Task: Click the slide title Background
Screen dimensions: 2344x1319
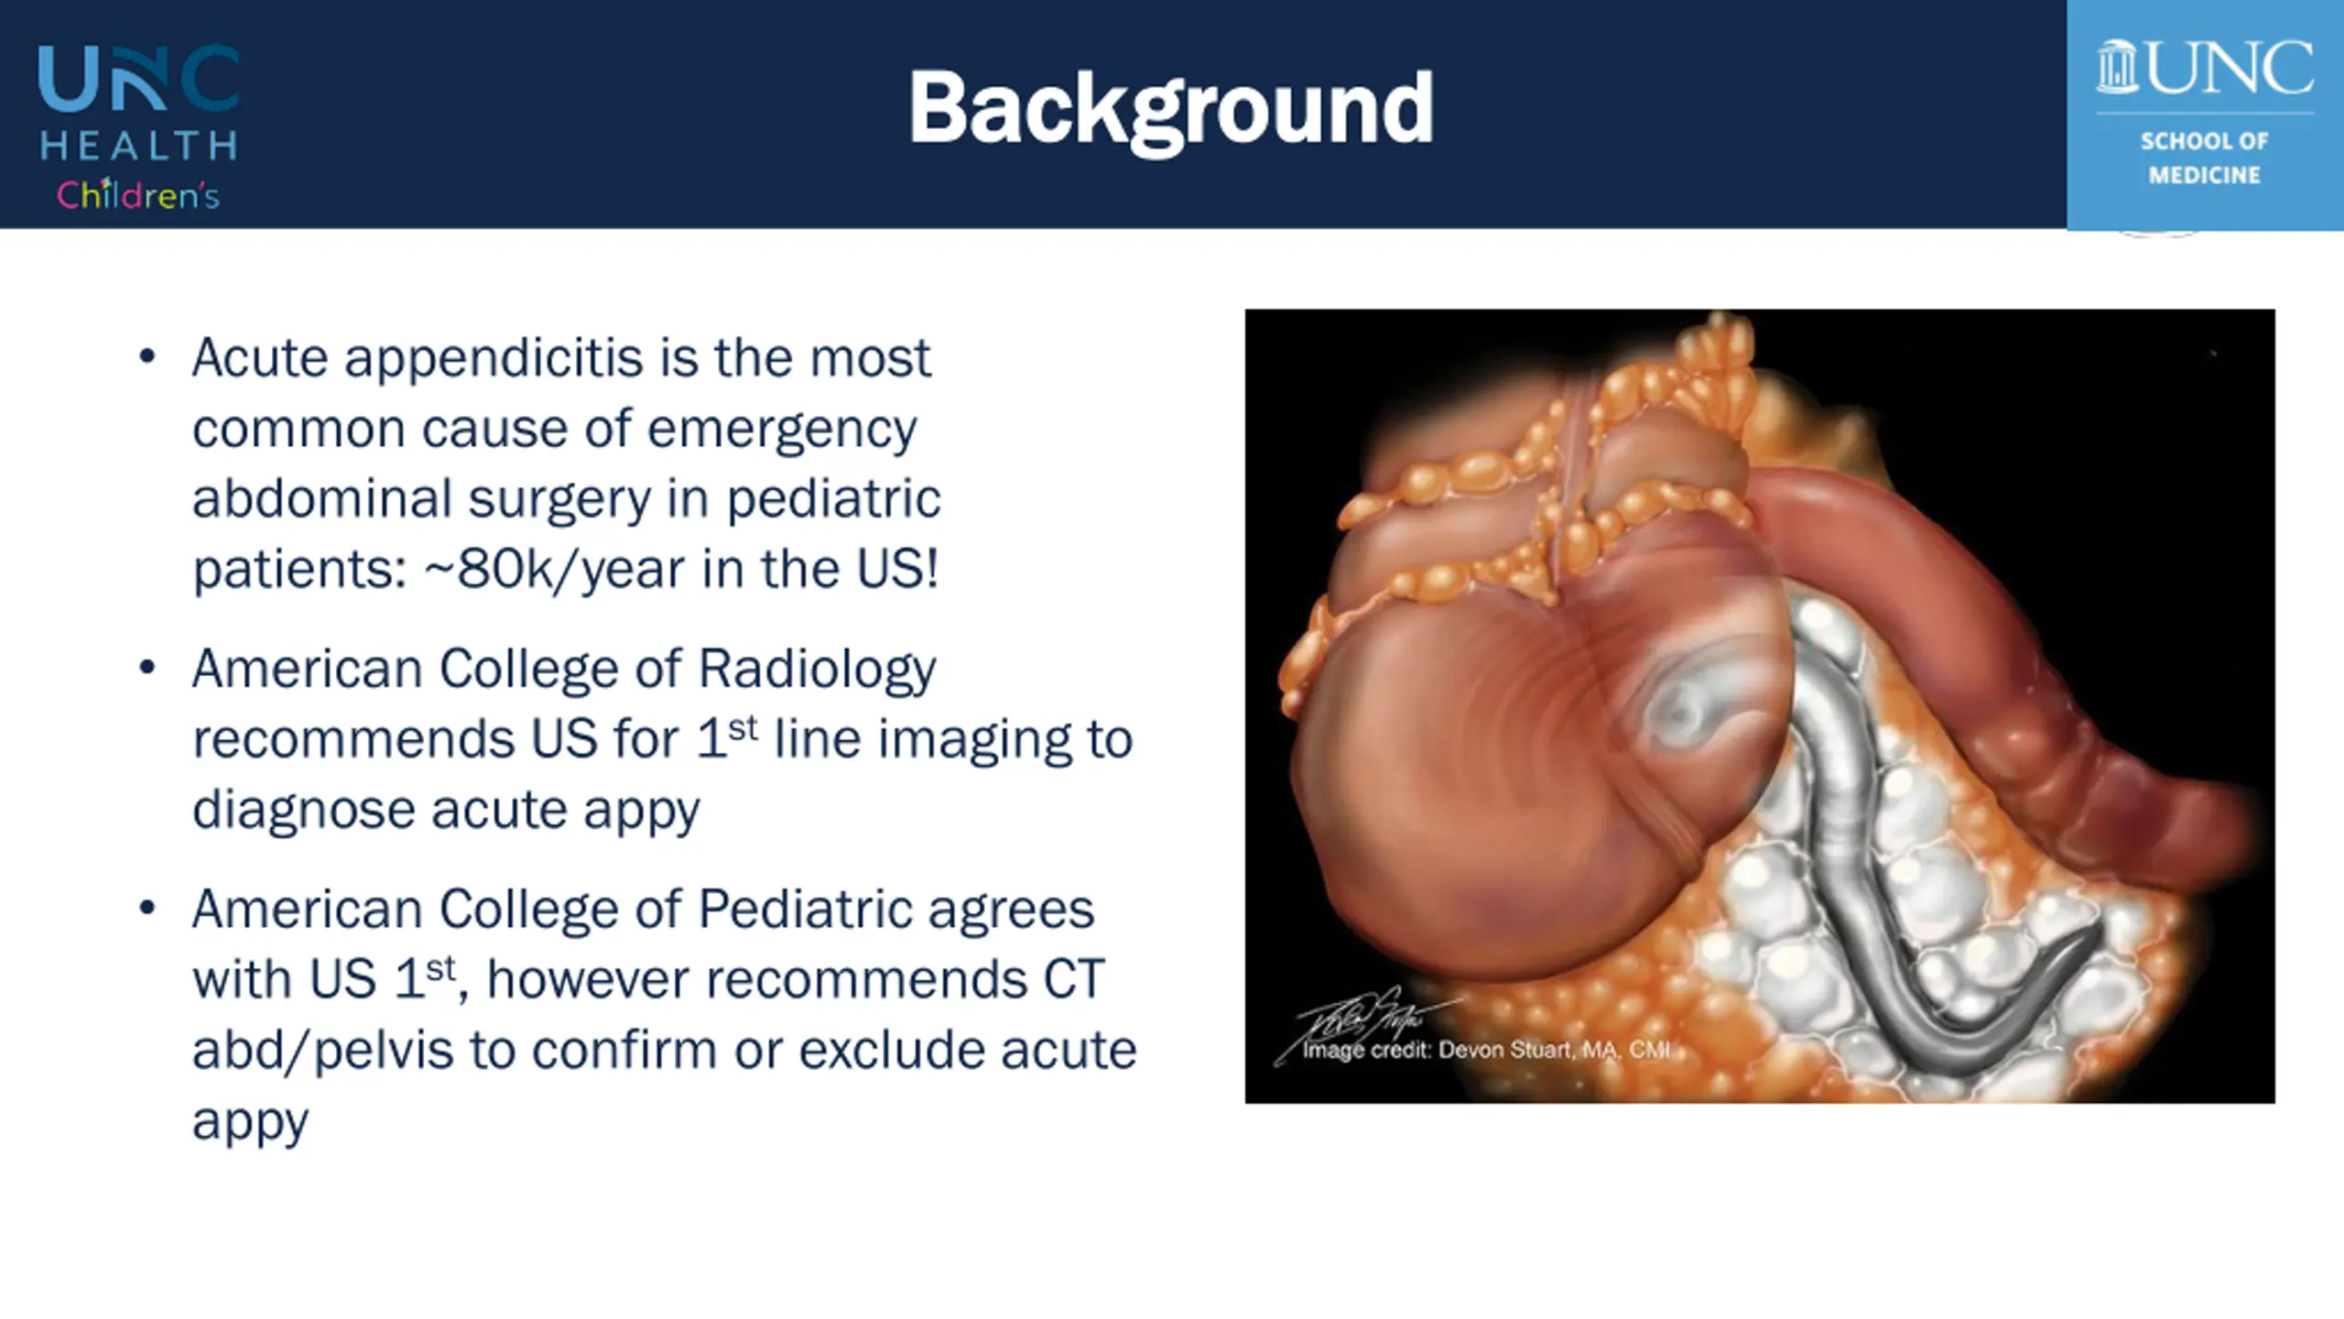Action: (1170, 110)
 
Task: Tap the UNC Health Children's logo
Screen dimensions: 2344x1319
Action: (138, 127)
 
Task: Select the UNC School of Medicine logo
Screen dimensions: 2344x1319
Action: (2205, 114)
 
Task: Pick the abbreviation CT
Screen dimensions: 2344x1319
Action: (1074, 979)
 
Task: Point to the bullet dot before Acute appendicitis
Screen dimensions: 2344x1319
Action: (147, 356)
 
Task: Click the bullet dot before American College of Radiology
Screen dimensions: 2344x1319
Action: (147, 668)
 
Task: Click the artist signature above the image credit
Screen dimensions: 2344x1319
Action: (1355, 1017)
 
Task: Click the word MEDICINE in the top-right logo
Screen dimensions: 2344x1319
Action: (2205, 175)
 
